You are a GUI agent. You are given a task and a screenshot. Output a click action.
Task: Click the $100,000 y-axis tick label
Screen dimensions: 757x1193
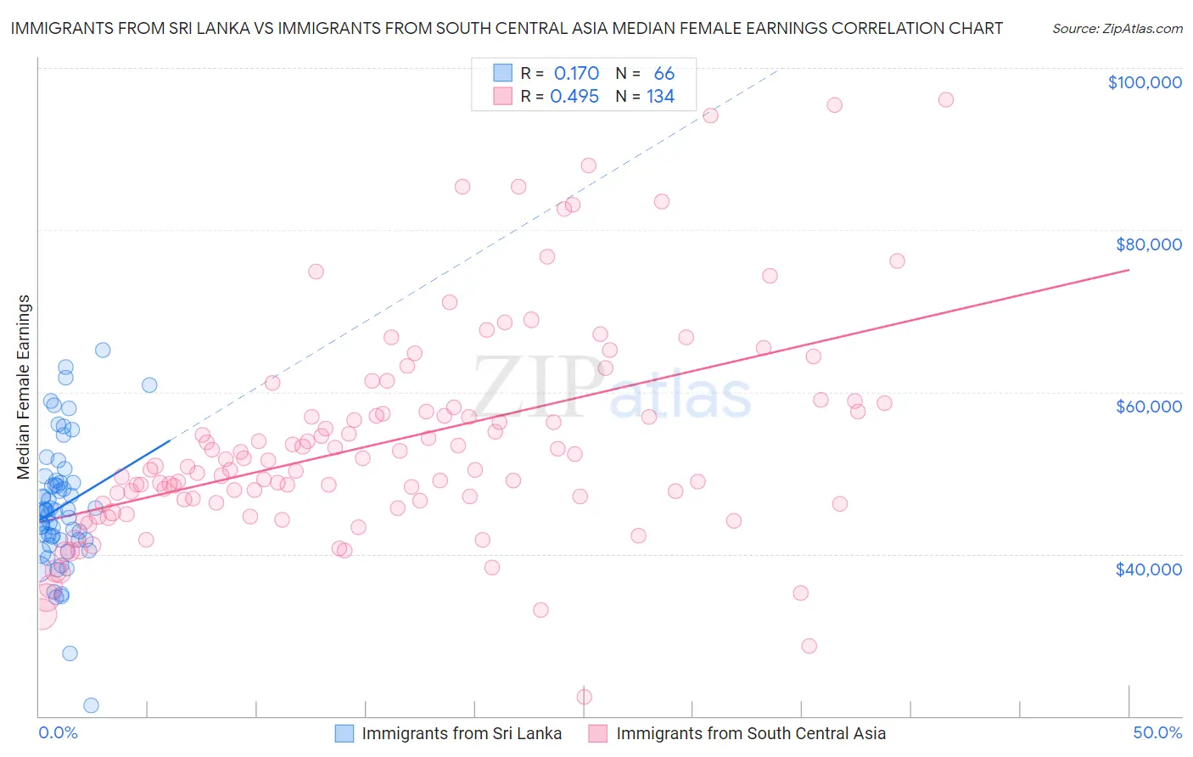(1145, 82)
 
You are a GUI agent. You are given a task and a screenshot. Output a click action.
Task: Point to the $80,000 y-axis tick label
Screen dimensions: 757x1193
(1148, 244)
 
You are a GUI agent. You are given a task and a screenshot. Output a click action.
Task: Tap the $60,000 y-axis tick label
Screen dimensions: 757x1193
(1148, 407)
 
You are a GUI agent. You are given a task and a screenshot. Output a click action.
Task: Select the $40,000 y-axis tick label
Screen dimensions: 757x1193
(1148, 569)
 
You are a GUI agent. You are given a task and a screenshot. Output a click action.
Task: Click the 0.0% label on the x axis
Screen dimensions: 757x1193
(58, 732)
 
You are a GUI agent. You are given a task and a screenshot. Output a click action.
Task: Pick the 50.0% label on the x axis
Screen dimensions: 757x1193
(1157, 732)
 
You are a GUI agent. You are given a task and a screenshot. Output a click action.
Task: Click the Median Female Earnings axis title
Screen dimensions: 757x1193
(24, 387)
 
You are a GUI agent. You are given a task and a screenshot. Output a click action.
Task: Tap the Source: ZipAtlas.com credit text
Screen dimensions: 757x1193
(1117, 29)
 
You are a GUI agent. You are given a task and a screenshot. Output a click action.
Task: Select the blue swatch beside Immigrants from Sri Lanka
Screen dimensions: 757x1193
(344, 733)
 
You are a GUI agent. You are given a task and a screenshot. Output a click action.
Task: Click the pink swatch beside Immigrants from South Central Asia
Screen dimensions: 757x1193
(598, 733)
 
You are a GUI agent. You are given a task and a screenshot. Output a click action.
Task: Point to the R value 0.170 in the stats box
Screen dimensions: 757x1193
(576, 74)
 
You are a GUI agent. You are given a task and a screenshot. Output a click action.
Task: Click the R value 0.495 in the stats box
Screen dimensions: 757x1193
(574, 97)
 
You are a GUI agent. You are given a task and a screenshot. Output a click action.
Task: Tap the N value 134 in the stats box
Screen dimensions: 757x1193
(660, 97)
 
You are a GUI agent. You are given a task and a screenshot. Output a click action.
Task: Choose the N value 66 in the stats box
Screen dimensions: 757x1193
(664, 74)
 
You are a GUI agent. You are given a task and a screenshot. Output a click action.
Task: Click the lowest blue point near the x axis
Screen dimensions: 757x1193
(91, 705)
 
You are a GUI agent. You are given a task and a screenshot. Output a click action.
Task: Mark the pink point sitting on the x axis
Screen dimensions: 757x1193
(585, 697)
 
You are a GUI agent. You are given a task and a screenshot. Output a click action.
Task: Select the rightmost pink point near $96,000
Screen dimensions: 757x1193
(946, 99)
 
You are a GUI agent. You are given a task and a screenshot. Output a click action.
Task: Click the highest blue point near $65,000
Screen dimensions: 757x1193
(103, 350)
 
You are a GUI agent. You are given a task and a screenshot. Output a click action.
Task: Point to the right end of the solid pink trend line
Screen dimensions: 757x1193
(1129, 270)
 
